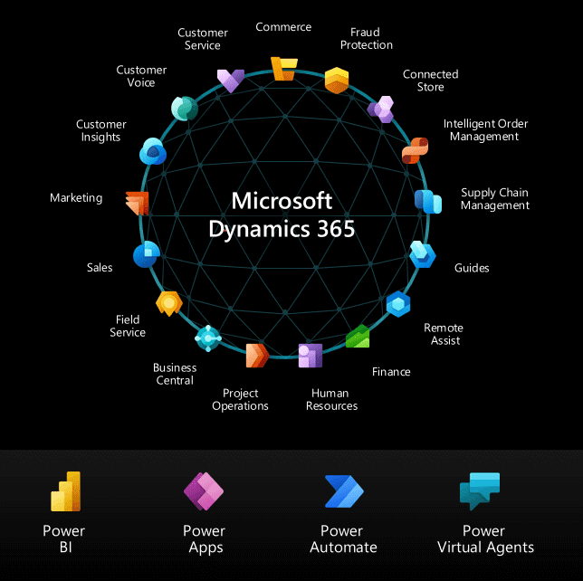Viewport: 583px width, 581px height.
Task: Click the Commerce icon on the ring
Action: [x=284, y=69]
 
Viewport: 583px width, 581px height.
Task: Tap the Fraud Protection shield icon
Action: [x=337, y=81]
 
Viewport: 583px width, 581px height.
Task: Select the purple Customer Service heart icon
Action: [x=231, y=81]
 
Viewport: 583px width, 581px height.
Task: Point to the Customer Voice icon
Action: [x=185, y=109]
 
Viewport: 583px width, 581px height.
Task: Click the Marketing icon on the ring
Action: [x=138, y=204]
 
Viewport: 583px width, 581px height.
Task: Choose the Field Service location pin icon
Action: [x=169, y=304]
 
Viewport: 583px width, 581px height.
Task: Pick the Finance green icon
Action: [x=358, y=336]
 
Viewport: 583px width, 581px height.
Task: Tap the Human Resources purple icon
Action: [x=311, y=356]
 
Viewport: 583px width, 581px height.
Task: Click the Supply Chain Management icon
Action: [x=428, y=202]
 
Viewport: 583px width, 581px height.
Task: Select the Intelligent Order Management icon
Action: [x=415, y=150]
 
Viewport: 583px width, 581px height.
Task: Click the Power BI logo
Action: [x=66, y=491]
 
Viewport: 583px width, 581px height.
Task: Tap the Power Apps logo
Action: [x=204, y=491]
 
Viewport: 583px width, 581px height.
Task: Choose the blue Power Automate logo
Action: [x=344, y=491]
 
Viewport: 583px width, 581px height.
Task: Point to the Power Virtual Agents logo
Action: [x=480, y=491]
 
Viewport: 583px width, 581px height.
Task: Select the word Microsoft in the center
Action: [x=282, y=201]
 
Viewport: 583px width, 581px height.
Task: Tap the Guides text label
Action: [x=472, y=268]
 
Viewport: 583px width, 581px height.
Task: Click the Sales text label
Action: [x=100, y=268]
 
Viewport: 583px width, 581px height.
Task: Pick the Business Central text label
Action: [x=175, y=374]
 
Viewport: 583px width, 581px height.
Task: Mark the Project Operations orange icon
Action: [x=257, y=356]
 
